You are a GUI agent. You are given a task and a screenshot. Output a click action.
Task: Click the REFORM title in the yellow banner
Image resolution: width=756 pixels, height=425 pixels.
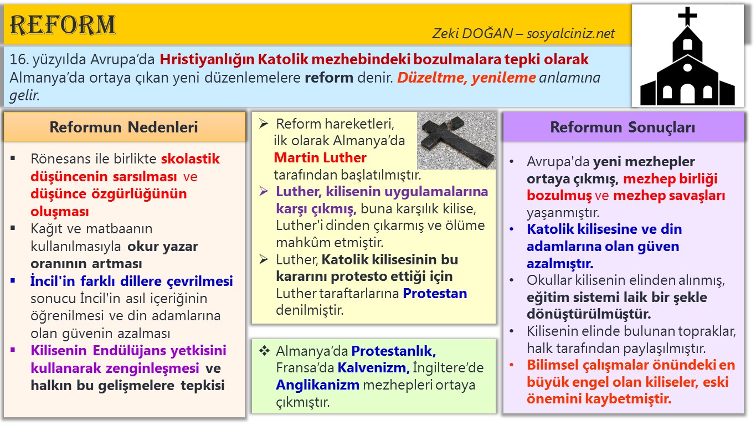coord(63,25)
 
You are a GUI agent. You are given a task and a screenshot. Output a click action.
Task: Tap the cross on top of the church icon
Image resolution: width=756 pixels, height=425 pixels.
coord(687,16)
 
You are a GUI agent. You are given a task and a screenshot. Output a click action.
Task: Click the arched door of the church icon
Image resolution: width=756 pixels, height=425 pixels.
coord(687,94)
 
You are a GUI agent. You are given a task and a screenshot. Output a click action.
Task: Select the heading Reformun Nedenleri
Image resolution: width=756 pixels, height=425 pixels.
coord(124,127)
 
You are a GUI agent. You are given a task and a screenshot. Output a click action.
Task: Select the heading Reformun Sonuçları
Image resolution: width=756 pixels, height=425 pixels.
coord(623,127)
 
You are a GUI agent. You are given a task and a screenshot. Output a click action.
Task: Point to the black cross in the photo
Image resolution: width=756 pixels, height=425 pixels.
coord(457,141)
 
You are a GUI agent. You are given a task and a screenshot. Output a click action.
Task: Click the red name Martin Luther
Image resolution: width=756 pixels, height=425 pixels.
coord(320,157)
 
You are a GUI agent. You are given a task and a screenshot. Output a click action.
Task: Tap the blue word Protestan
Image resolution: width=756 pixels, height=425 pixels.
coord(435,293)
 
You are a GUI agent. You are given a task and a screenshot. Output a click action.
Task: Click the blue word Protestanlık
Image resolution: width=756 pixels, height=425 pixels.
coord(394,351)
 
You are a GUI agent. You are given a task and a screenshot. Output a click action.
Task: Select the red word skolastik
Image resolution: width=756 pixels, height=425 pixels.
coord(191,159)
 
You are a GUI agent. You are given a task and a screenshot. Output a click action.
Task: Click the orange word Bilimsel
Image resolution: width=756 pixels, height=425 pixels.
coord(554,365)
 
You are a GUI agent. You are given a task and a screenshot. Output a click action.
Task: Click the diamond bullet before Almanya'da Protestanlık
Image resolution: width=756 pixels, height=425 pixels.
coord(265,350)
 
